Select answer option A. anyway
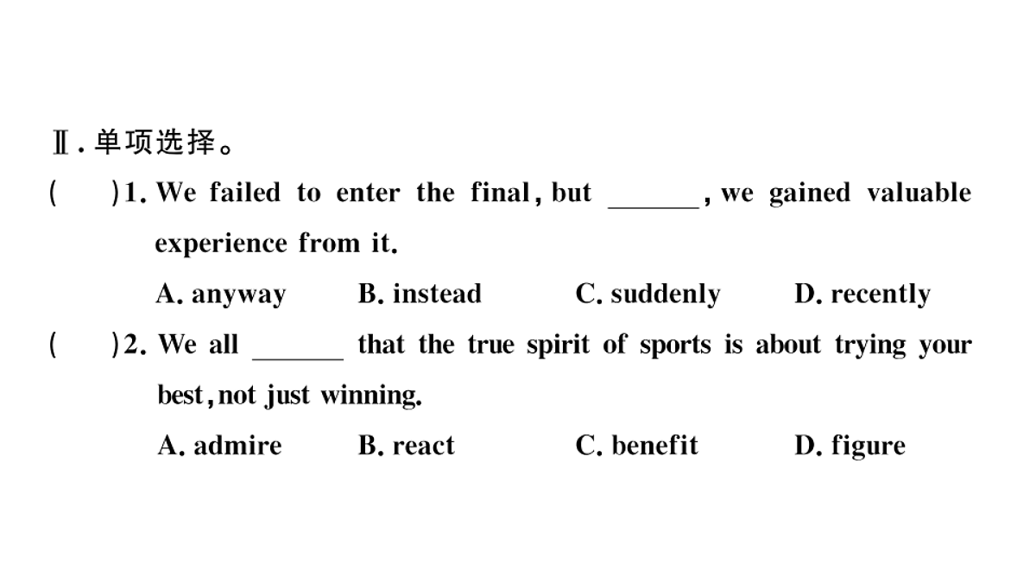tap(221, 295)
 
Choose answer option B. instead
tap(420, 294)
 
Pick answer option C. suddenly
tap(648, 295)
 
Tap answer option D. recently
tap(862, 295)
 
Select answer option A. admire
tap(219, 446)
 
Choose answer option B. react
tap(407, 446)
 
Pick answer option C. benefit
tap(637, 446)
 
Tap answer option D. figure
tap(850, 447)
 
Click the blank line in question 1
tap(654, 208)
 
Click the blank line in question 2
tap(298, 359)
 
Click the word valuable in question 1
tap(919, 193)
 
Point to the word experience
tap(221, 244)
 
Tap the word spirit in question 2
tap(559, 345)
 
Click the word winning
tap(371, 396)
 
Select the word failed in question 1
tap(245, 193)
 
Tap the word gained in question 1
tap(810, 193)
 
